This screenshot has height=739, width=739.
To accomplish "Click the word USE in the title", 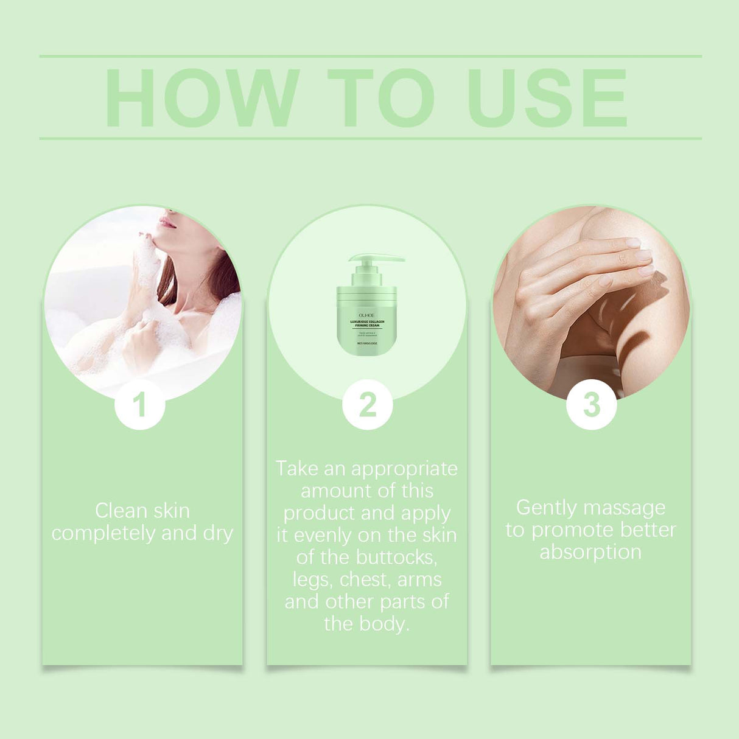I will [x=547, y=98].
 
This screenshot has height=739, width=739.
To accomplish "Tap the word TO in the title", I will [x=381, y=98].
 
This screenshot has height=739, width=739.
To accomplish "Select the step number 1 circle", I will [x=140, y=405].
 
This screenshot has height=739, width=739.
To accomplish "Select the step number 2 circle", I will [x=367, y=405].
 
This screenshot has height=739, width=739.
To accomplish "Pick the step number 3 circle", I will [x=591, y=405].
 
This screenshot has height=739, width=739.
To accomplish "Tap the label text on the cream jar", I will [x=366, y=323].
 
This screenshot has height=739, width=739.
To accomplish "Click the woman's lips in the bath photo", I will [x=167, y=223].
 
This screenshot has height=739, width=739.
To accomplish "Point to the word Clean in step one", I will [x=120, y=511].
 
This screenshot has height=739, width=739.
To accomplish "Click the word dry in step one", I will [x=218, y=533].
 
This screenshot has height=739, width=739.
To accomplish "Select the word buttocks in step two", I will [x=396, y=558].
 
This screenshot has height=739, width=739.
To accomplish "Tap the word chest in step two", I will [x=364, y=580].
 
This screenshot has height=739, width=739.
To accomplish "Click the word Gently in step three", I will [x=546, y=508].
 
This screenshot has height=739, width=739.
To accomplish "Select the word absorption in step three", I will [x=590, y=552].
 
